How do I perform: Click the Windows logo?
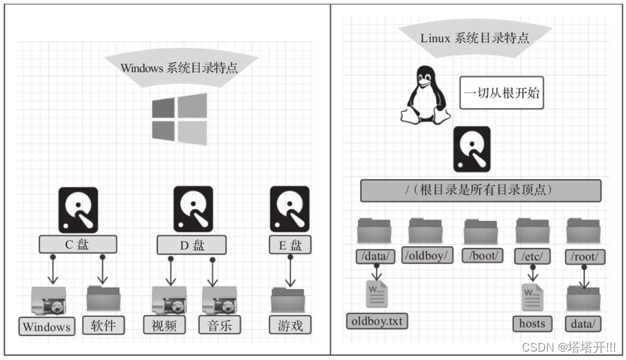179,119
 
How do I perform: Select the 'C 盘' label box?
77,245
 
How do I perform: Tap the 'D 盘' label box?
191,245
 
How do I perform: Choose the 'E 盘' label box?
290,245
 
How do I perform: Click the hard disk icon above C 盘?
78,209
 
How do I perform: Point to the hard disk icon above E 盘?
290,209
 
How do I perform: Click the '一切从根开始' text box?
502,92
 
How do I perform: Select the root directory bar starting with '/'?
480,191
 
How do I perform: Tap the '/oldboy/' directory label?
428,255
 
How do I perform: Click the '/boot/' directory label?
483,255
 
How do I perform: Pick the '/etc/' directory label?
532,255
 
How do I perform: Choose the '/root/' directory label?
585,255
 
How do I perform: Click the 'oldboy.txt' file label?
378,321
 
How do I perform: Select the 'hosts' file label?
532,323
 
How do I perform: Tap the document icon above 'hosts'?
532,296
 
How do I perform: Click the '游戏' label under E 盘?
290,325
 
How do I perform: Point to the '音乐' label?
219,325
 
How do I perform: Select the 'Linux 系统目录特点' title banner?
476,37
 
